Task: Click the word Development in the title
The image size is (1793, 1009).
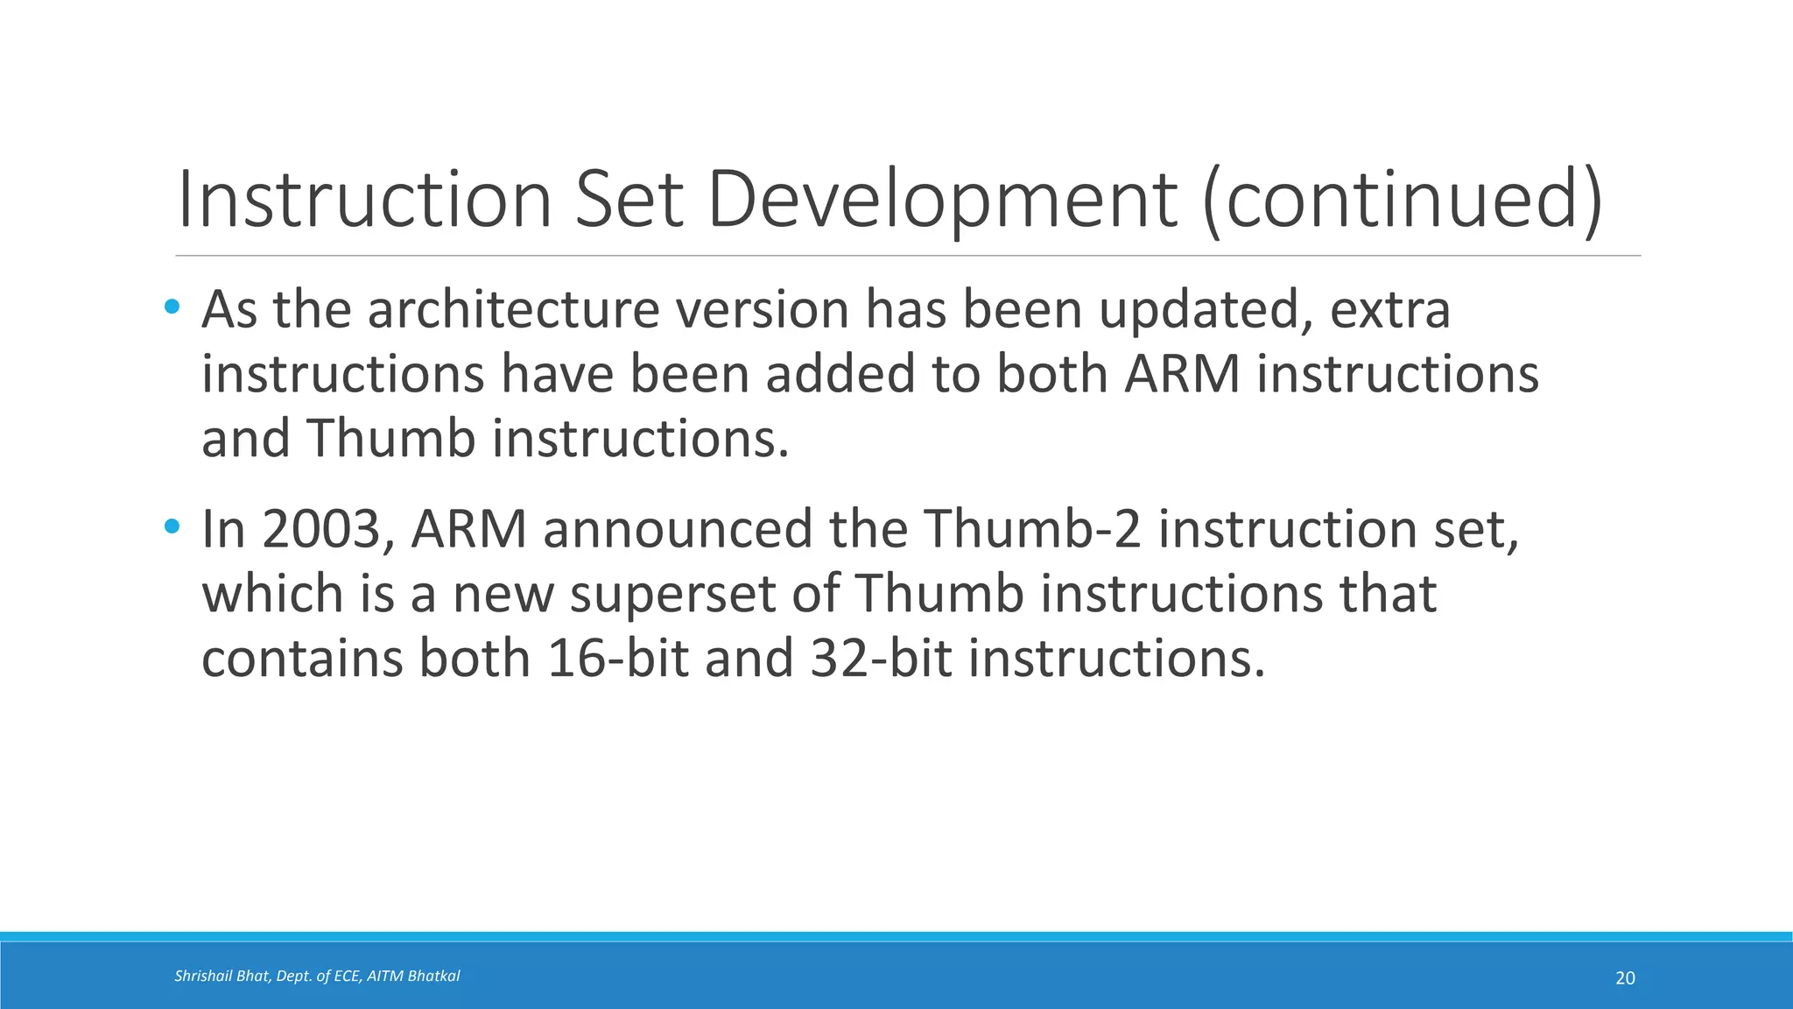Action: [941, 201]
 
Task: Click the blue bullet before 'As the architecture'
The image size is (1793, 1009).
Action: [172, 307]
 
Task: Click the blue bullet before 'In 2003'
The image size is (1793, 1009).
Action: [172, 527]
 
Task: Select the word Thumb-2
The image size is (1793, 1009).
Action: [1032, 530]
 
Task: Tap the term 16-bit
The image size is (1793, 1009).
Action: [618, 659]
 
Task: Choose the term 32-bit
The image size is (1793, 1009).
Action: [881, 659]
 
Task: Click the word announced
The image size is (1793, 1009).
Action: [678, 530]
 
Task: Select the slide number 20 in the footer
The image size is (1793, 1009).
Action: [1625, 978]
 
